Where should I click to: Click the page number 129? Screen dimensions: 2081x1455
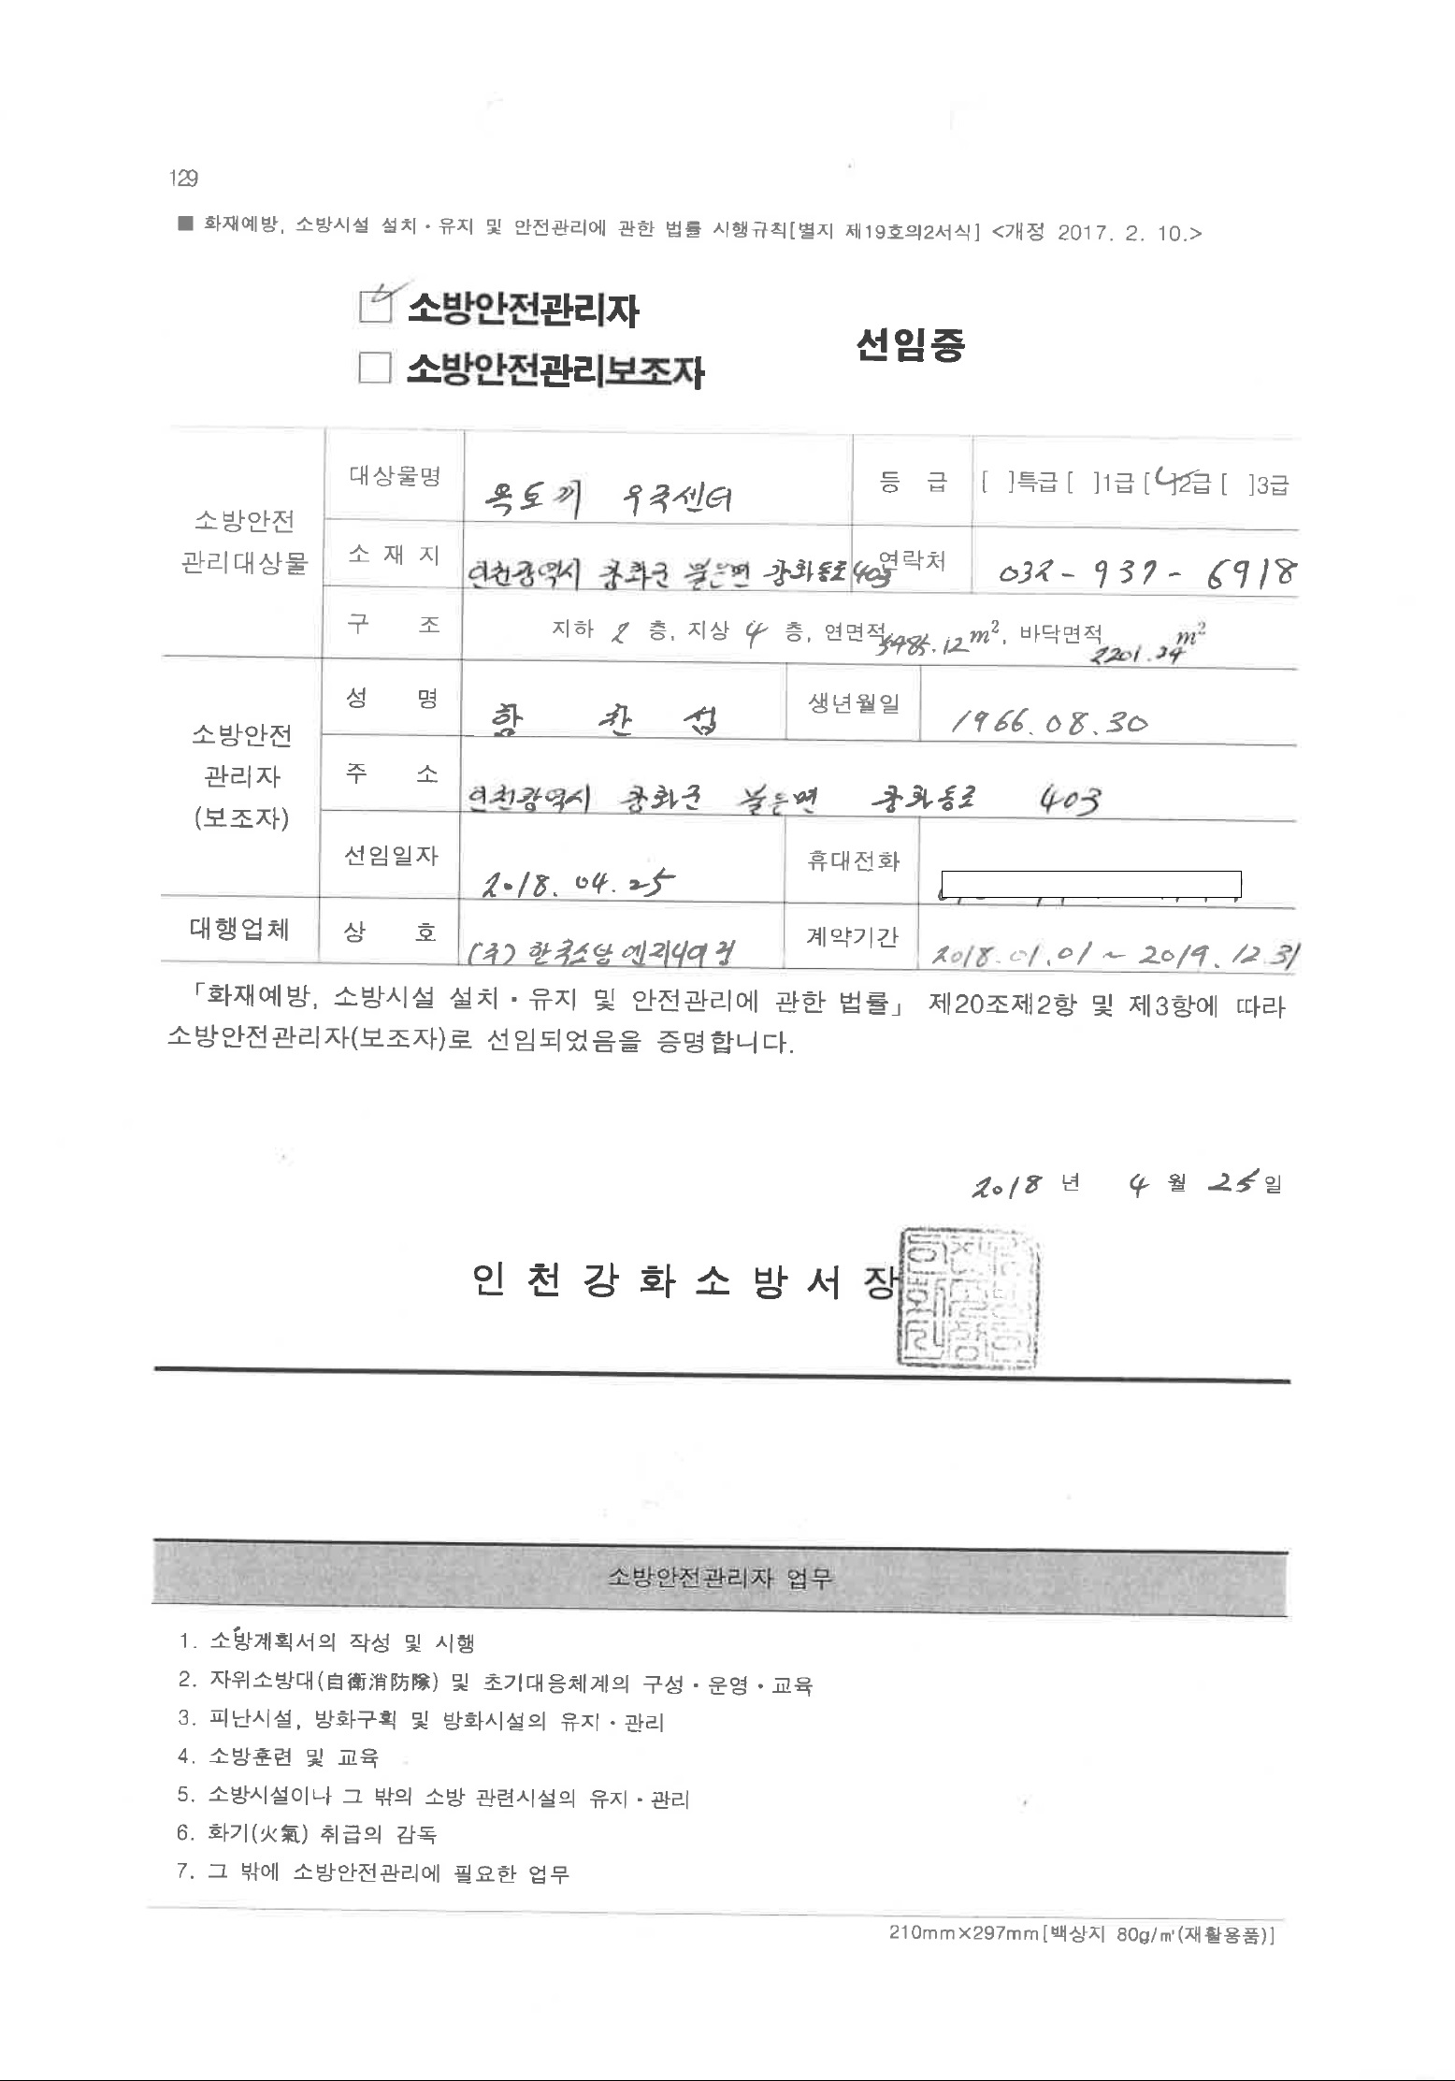[182, 178]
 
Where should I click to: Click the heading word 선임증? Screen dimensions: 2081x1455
[909, 345]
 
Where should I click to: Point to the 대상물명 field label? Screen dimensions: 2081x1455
[395, 476]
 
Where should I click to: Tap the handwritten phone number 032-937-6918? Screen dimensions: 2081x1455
[1147, 571]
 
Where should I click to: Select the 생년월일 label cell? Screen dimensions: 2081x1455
[853, 703]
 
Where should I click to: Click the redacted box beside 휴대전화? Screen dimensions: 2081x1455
[1090, 882]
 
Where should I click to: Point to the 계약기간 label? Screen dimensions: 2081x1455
[852, 935]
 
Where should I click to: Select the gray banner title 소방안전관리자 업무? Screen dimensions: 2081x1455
[719, 1579]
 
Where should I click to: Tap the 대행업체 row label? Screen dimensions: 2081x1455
[239, 929]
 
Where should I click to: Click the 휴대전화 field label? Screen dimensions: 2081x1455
[852, 860]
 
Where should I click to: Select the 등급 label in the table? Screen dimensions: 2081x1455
[912, 482]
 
